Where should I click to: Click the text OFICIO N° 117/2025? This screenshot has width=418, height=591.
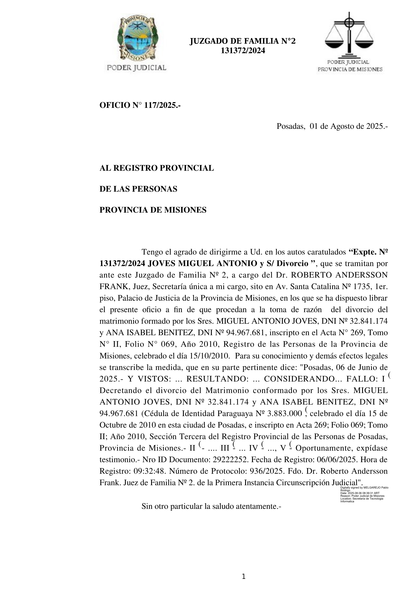tap(140, 105)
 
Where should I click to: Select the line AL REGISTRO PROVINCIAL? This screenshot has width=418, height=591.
tap(157, 168)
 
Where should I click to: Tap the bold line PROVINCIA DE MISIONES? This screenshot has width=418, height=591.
tap(153, 210)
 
